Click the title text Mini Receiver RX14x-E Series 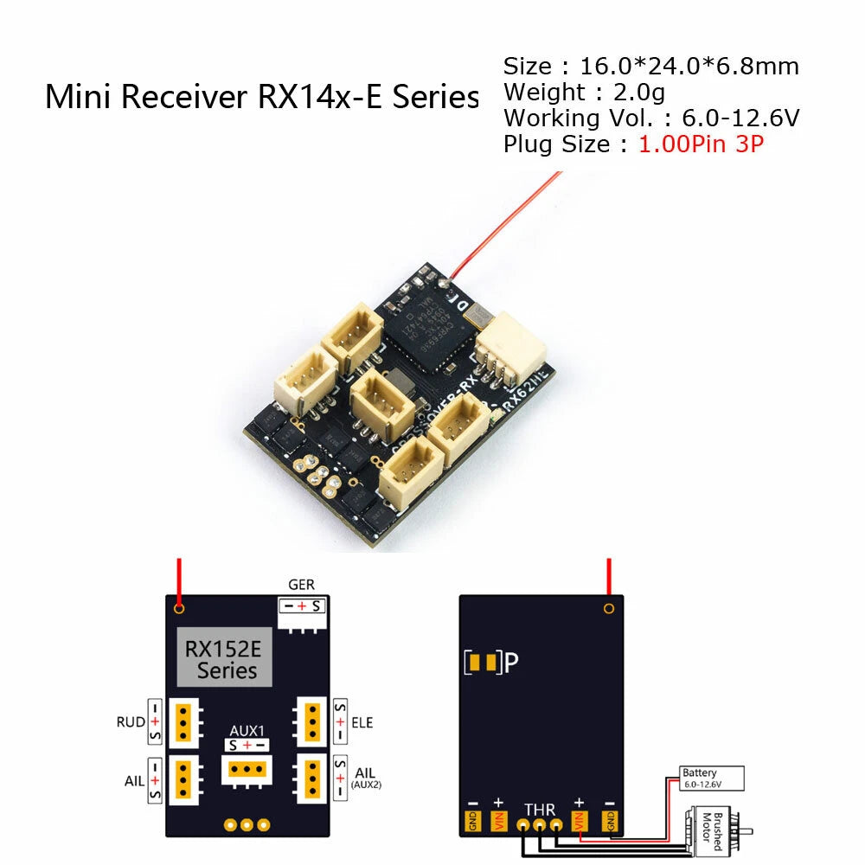pyautogui.click(x=261, y=96)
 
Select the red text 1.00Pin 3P pyautogui.click(x=702, y=144)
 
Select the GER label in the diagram pyautogui.click(x=301, y=586)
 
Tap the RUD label pyautogui.click(x=125, y=722)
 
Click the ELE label pyautogui.click(x=363, y=722)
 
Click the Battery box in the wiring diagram pyautogui.click(x=710, y=778)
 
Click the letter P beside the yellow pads pyautogui.click(x=512, y=663)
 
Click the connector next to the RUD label pyautogui.click(x=184, y=721)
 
